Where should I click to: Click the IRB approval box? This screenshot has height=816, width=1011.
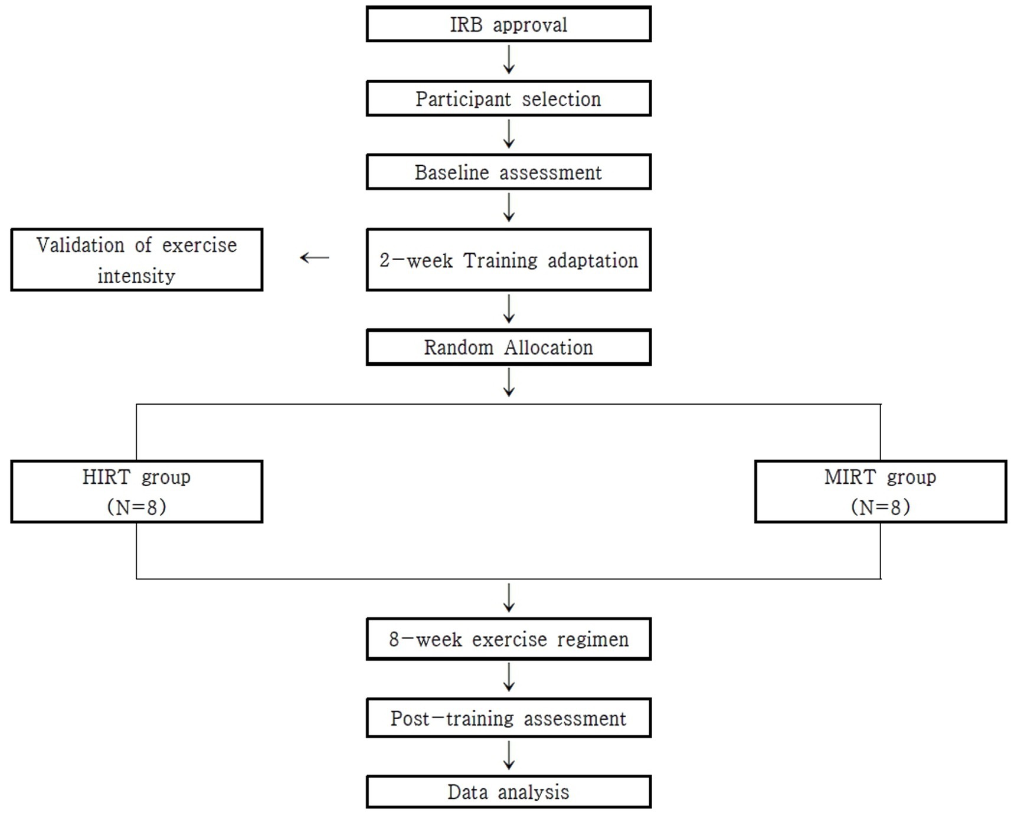click(508, 24)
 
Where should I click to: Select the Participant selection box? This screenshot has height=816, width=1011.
click(508, 99)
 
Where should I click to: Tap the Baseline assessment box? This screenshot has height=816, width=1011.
click(508, 172)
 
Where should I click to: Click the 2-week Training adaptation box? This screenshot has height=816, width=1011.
click(508, 260)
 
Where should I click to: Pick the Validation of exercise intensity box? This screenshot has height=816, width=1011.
click(136, 260)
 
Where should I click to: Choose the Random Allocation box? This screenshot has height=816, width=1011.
click(508, 347)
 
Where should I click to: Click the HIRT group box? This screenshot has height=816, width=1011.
click(136, 491)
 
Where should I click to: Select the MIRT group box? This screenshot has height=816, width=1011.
click(880, 491)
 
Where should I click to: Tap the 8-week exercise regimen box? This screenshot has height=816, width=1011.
click(508, 639)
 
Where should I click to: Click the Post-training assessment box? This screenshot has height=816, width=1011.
click(508, 718)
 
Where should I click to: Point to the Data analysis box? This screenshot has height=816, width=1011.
click(508, 792)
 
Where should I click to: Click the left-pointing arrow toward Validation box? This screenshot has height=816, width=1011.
click(315, 257)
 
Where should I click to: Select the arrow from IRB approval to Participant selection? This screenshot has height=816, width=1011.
click(509, 60)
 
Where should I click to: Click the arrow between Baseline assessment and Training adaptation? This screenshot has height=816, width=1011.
click(509, 208)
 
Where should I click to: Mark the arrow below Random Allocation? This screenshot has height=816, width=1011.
click(509, 382)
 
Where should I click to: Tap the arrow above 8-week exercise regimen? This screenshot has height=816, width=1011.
click(509, 598)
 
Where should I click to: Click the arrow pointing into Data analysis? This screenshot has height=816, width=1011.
click(509, 756)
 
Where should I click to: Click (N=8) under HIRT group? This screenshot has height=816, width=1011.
click(136, 507)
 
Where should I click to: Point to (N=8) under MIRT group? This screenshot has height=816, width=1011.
click(880, 507)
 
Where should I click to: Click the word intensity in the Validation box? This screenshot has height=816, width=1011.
click(136, 276)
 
